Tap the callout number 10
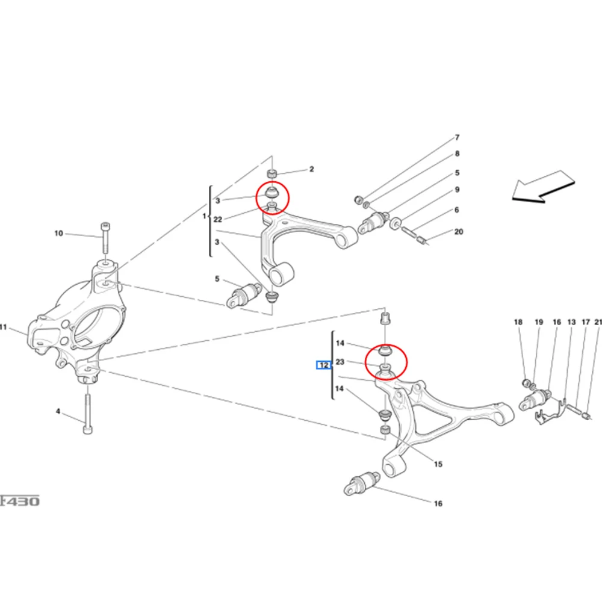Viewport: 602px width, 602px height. click(x=58, y=234)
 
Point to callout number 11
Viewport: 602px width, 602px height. click(x=3, y=327)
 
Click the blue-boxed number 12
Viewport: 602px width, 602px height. click(x=324, y=365)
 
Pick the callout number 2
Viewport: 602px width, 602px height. click(x=311, y=170)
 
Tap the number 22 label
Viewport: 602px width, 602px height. click(x=218, y=220)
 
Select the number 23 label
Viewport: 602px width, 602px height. click(x=340, y=362)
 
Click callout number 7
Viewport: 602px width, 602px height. click(x=457, y=138)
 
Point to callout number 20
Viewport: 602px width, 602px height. click(x=459, y=232)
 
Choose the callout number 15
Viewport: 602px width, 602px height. click(x=438, y=464)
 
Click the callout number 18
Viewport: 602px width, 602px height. click(x=518, y=323)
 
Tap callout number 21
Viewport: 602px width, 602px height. click(x=598, y=323)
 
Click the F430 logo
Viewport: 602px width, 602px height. click(x=20, y=500)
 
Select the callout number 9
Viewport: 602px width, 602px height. click(x=457, y=190)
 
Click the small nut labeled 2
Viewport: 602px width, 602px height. click(x=272, y=173)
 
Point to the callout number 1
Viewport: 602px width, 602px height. click(x=204, y=216)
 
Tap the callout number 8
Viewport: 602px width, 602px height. click(x=457, y=154)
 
